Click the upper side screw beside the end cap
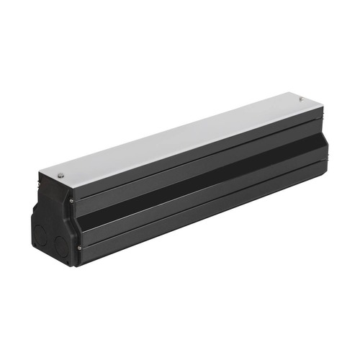pos(71,199)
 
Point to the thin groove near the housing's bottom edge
pos(202,209)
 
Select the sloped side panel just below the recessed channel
pos(202,194)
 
